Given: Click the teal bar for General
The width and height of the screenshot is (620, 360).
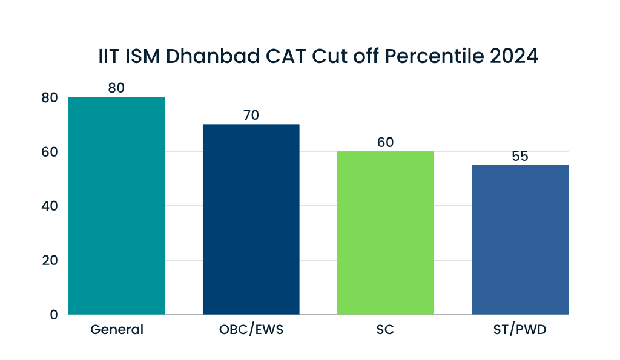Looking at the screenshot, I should click(116, 206).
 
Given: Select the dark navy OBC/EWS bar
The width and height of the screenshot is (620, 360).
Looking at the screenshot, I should click(251, 219).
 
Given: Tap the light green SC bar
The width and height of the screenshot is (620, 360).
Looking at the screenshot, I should click(385, 233).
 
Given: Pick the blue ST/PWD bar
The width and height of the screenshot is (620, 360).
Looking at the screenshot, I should click(519, 240).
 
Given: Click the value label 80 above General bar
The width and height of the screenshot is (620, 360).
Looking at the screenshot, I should click(116, 88).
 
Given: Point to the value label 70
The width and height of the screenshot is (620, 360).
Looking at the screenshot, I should click(251, 115).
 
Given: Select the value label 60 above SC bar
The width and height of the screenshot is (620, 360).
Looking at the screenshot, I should click(385, 142).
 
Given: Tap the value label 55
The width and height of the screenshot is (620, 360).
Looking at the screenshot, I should click(519, 156).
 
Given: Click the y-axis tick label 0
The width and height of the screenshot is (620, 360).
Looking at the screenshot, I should click(54, 315).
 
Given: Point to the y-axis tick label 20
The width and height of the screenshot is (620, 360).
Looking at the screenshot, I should click(50, 260).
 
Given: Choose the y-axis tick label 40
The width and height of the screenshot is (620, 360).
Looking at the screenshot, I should click(50, 206).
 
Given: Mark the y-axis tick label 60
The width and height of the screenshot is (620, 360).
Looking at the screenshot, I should click(50, 151).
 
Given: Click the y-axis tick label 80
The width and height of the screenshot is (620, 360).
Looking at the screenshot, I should click(50, 97).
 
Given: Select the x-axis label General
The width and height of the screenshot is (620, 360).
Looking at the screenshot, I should click(117, 330).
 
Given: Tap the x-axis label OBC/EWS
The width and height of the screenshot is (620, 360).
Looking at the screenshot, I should click(251, 330).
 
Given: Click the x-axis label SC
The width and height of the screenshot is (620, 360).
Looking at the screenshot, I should click(385, 330).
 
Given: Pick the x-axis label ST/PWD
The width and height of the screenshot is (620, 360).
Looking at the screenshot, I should click(519, 330).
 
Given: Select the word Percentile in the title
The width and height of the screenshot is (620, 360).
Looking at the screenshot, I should click(433, 56).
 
